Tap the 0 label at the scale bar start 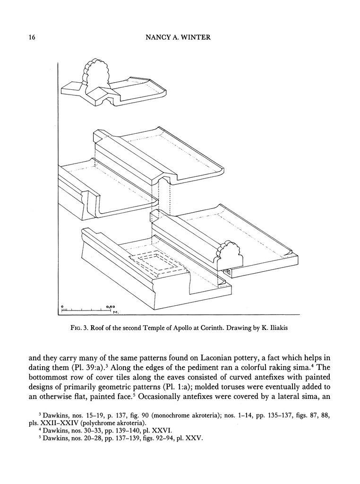[x=62, y=306]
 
